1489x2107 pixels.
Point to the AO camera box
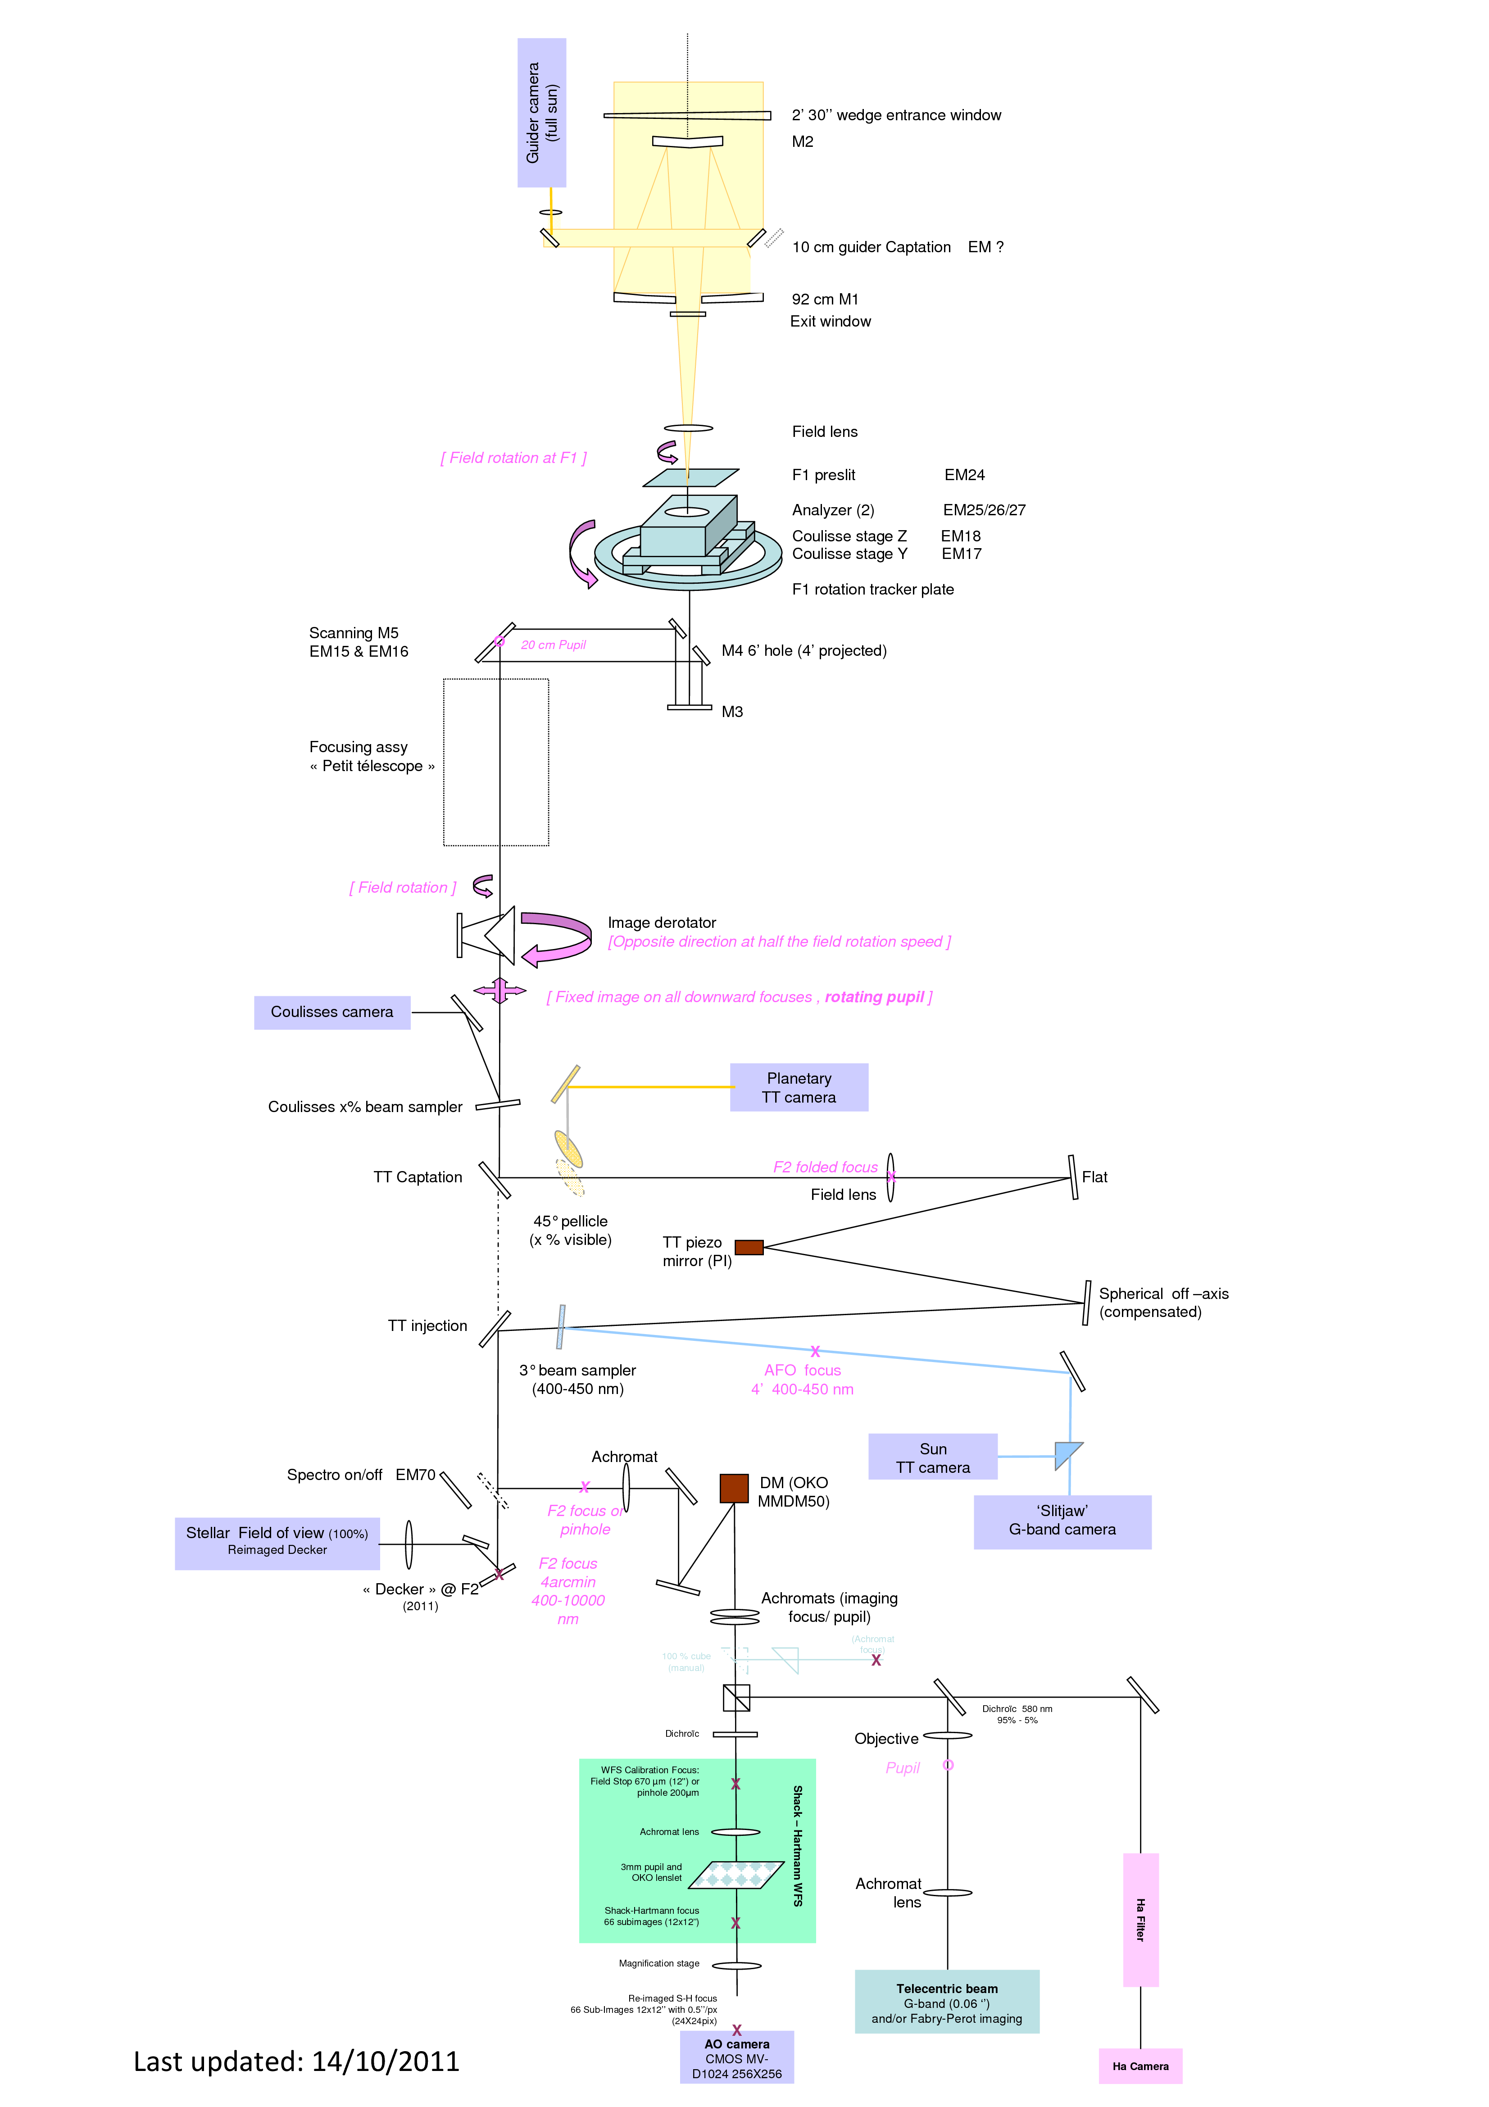tap(737, 2058)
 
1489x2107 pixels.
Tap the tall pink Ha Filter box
tap(1140, 1920)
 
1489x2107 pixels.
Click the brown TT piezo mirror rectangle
tap(749, 1247)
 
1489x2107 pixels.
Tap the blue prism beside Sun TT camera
tap(1067, 1454)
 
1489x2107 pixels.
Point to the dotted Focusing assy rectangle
tap(496, 762)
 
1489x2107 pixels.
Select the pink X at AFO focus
tap(815, 1352)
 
